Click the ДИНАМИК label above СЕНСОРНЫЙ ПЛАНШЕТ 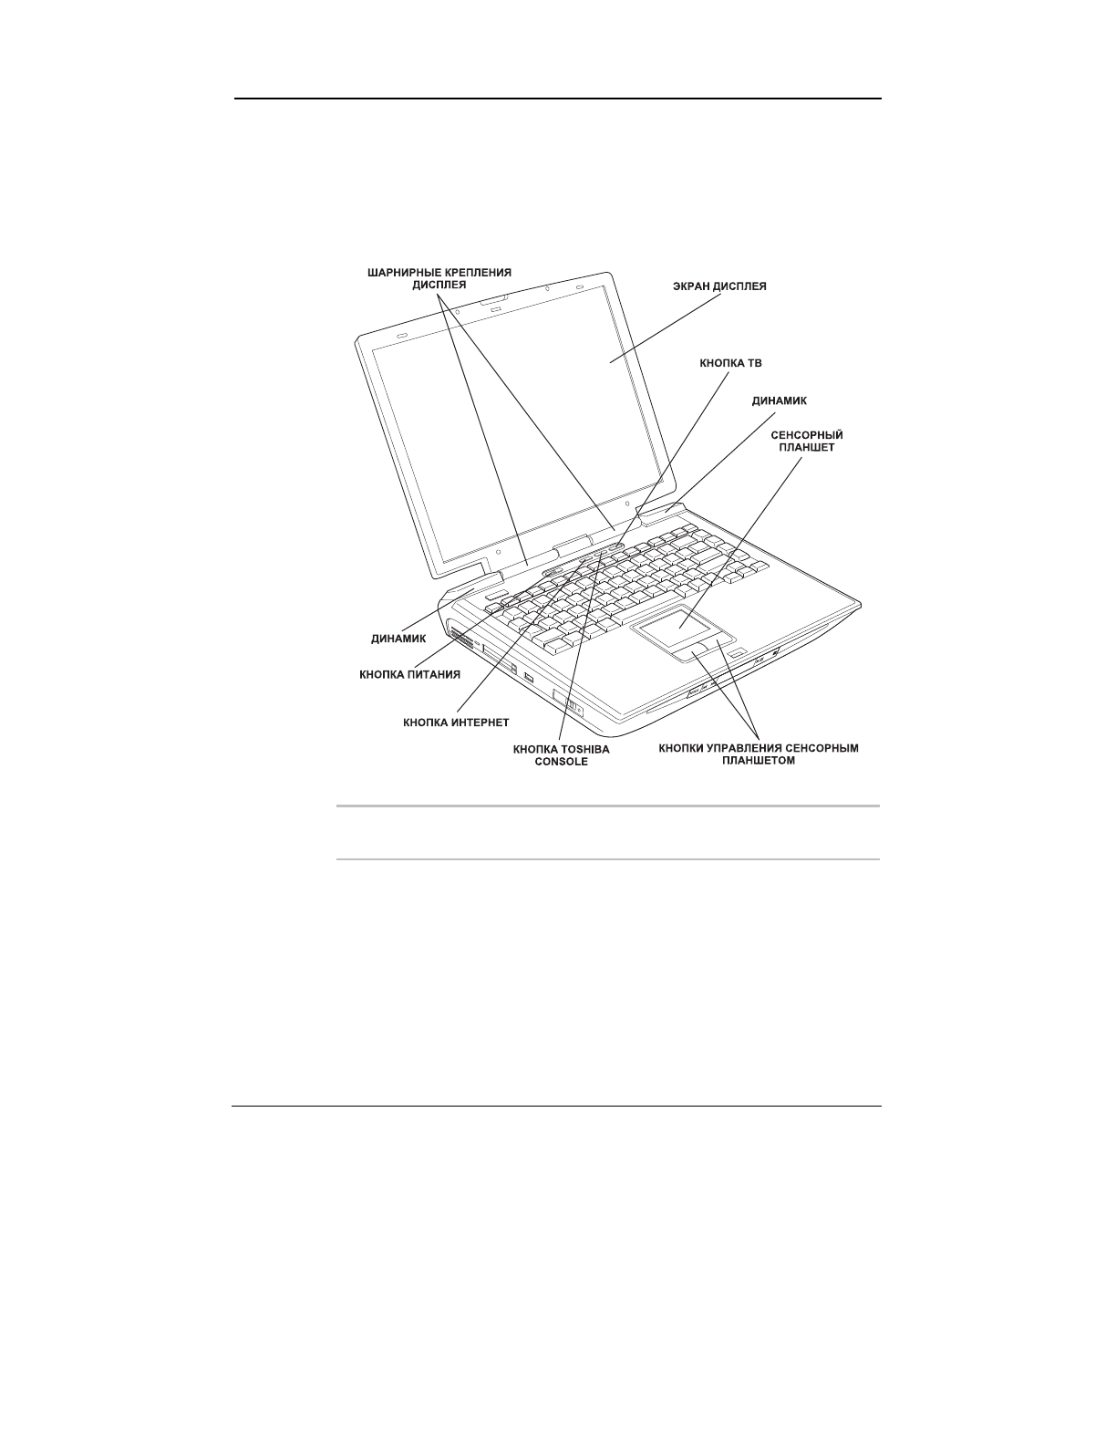click(x=779, y=400)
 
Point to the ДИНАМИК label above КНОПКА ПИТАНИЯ click(x=393, y=639)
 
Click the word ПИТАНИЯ click(x=435, y=675)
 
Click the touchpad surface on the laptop click(x=679, y=628)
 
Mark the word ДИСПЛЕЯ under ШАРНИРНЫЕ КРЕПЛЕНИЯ click(x=439, y=284)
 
